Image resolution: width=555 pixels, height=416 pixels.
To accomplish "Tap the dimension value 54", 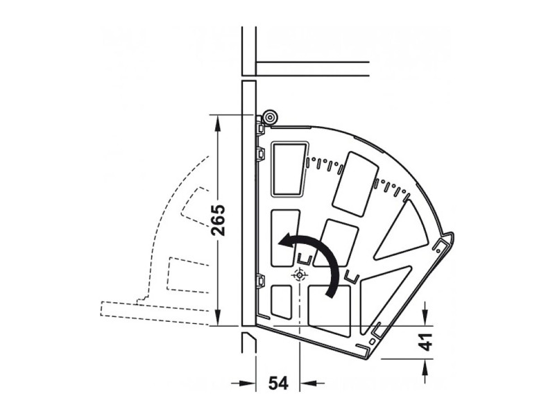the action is click(278, 383).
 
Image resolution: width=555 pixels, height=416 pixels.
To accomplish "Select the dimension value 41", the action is click(425, 342).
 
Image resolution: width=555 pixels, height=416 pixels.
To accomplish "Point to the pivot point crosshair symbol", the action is click(300, 275).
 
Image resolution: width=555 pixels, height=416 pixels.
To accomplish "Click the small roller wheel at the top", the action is click(270, 117).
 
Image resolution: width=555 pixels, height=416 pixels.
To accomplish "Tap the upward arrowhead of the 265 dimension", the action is click(218, 123).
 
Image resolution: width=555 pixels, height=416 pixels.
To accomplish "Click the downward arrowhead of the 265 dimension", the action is click(218, 318).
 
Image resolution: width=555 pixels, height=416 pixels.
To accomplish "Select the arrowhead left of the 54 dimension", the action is click(247, 383).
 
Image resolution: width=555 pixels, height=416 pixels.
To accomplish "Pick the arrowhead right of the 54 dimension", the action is click(308, 383).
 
